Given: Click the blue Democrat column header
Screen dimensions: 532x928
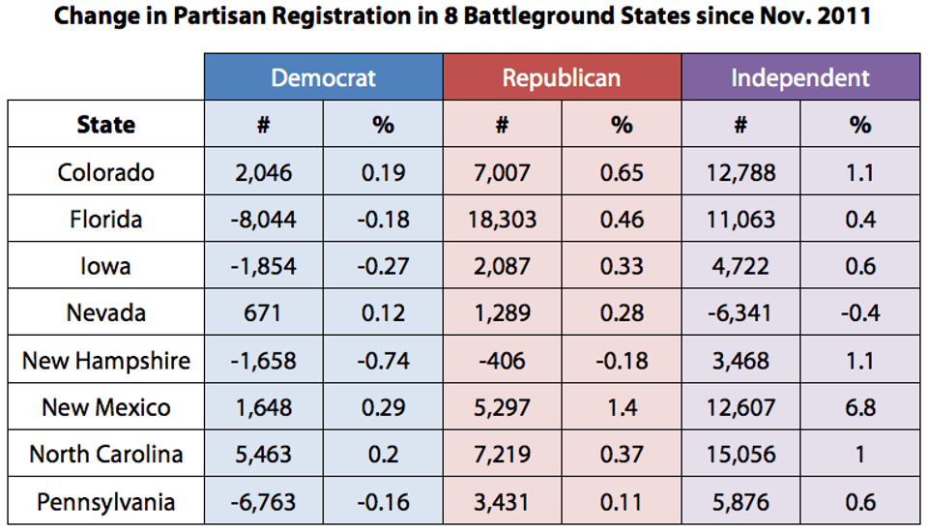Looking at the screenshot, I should coord(323,78).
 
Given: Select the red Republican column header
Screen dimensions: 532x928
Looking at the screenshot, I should coord(562,78).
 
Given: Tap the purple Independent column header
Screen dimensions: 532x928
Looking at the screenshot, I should coord(800,78).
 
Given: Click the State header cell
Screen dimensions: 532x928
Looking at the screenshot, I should coord(105,125).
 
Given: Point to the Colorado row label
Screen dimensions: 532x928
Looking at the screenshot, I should coord(105,172).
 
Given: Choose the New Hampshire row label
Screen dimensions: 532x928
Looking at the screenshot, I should coord(105,361).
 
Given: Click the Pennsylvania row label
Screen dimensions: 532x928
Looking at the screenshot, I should coord(105,502).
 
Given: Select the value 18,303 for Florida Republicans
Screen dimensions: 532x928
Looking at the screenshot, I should coord(502,220).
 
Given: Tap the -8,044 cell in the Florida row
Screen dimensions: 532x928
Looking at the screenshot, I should coord(263,220).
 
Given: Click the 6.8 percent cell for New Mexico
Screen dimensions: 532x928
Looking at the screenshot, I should coord(860,407).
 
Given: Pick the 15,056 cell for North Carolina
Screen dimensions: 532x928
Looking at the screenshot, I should coord(740,455).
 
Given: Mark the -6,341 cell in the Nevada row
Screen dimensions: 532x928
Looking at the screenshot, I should coord(740,313).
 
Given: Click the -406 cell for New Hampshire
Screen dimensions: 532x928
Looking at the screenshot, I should coord(502,361).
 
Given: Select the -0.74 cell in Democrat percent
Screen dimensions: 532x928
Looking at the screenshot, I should coord(383,361).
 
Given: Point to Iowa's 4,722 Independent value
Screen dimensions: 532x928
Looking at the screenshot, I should coord(740,266).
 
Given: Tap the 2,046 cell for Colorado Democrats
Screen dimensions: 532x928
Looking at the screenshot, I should coord(263,172).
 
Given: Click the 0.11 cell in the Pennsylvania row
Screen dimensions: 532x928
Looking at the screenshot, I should coord(622,502).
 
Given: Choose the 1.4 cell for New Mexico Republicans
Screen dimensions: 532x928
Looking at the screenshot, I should coord(622,407).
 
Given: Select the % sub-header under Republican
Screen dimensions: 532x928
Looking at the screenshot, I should coord(622,125).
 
